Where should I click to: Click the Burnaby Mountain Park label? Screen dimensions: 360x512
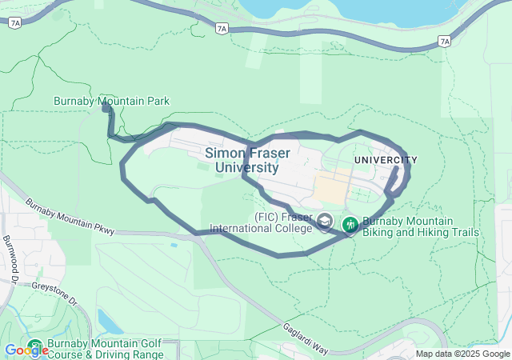pos(111,101)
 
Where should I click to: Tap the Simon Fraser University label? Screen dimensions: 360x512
pos(247,160)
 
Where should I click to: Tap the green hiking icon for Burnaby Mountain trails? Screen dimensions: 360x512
pos(350,225)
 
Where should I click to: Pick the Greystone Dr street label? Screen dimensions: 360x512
pos(54,294)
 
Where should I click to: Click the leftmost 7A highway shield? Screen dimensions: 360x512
pos(14,23)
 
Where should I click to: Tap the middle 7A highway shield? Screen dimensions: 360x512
pos(222,28)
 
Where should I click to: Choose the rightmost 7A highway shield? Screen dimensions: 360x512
pos(445,40)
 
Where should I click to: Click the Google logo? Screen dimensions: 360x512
pos(26,350)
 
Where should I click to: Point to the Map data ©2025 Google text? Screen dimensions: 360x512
pos(462,354)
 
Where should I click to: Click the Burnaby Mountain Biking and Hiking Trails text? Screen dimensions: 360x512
pos(420,227)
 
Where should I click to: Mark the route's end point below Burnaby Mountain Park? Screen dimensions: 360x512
pos(106,106)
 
